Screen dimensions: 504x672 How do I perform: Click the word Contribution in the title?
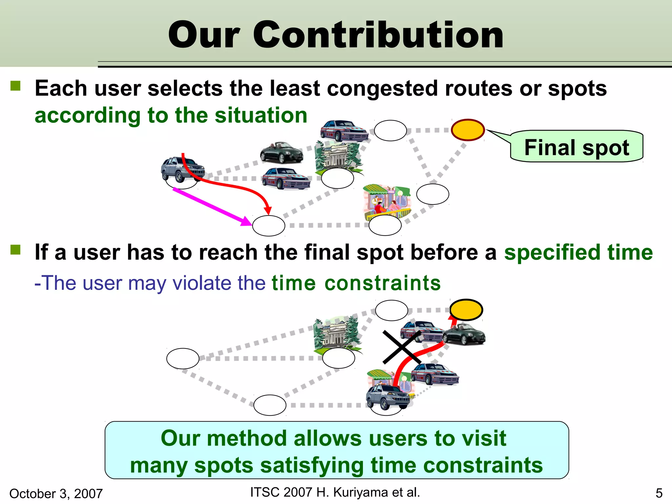coord(378,35)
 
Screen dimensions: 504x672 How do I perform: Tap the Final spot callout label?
coord(577,147)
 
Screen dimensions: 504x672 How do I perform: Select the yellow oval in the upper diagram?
coord(468,130)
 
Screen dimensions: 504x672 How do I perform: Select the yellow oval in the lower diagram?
coord(466,310)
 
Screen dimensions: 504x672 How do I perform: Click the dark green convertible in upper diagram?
coord(282,153)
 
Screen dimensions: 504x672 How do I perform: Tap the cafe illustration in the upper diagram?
coord(387,200)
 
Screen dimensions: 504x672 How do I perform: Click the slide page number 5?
coord(659,493)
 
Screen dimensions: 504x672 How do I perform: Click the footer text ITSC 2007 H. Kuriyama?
coord(335,492)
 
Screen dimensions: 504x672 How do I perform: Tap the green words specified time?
coord(578,252)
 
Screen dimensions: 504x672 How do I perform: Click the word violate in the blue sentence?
coord(202,283)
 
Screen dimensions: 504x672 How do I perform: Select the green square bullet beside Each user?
coord(15,86)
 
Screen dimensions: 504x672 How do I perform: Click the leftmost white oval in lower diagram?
coord(183,358)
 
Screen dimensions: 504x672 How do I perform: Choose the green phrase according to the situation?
coord(171,115)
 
